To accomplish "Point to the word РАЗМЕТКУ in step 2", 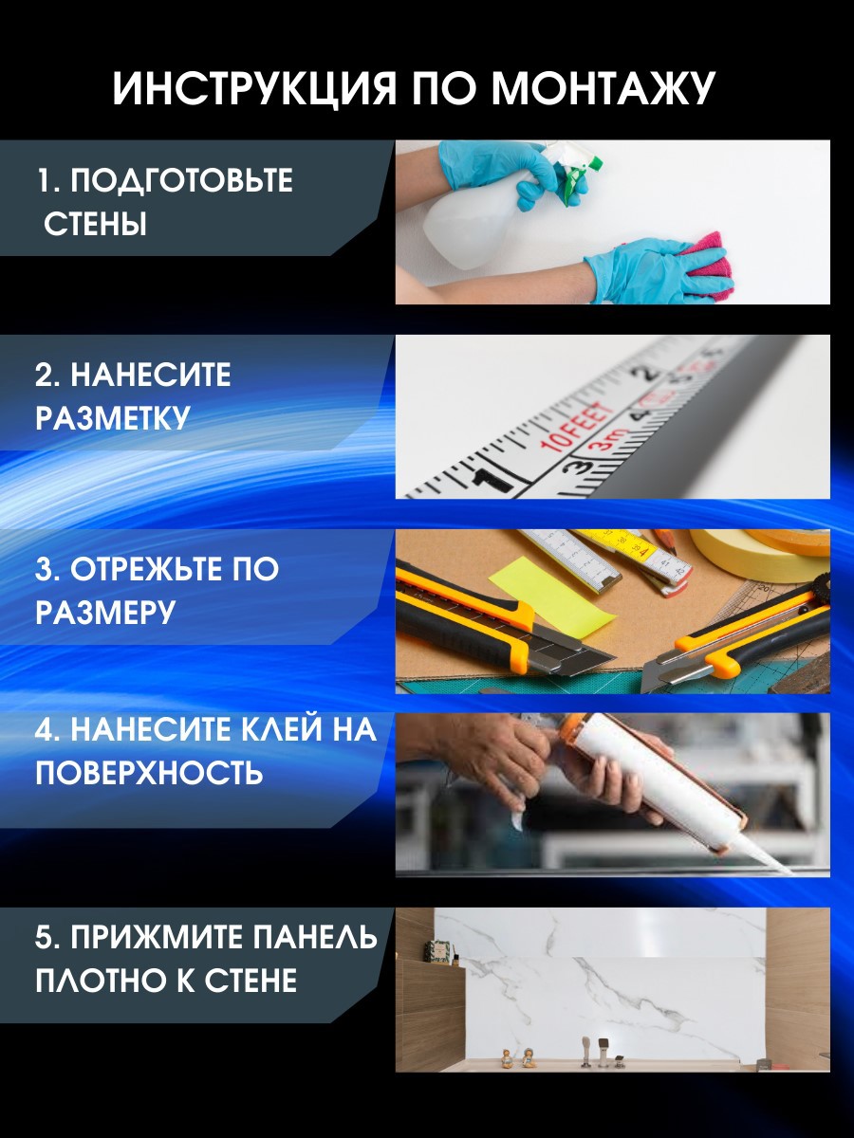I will click(113, 418).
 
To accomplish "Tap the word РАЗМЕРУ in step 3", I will click(105, 613).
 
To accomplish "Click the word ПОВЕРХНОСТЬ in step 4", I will click(149, 773).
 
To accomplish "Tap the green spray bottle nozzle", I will click(574, 175).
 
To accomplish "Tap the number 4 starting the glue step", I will click(44, 729).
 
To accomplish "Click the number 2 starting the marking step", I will click(44, 376).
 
